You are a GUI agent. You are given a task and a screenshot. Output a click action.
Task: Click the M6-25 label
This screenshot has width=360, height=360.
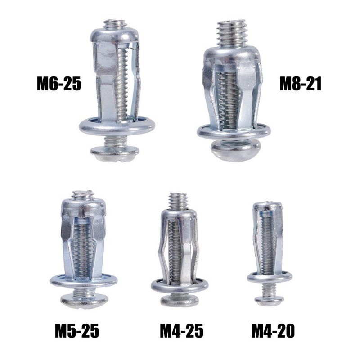[59, 84]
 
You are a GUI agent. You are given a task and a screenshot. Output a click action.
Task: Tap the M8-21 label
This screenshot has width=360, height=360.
[301, 84]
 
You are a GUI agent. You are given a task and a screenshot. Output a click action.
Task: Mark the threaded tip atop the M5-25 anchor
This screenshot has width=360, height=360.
[83, 195]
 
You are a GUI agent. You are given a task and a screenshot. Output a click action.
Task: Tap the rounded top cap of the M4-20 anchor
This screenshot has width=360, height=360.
[268, 207]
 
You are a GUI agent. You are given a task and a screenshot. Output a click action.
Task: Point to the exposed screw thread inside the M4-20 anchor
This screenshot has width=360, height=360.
[268, 243]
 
